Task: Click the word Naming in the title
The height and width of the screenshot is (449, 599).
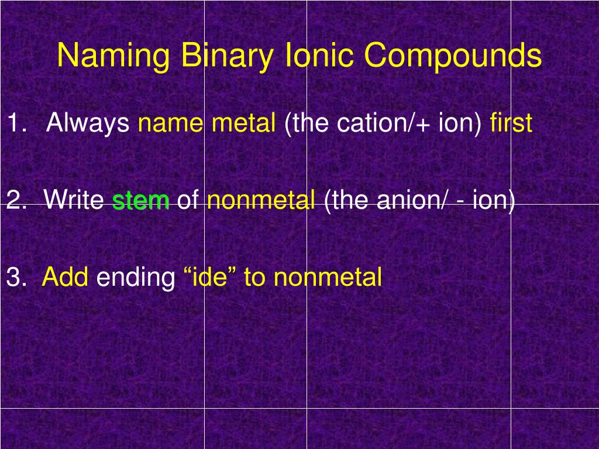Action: pyautogui.click(x=113, y=57)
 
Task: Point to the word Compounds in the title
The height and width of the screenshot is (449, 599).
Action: pyautogui.click(x=453, y=57)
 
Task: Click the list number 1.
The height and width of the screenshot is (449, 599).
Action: pyautogui.click(x=16, y=123)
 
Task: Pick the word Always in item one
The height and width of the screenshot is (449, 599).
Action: pyautogui.click(x=88, y=123)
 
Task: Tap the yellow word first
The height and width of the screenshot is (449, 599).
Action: pyautogui.click(x=511, y=123)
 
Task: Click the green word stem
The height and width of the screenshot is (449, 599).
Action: pyautogui.click(x=141, y=201)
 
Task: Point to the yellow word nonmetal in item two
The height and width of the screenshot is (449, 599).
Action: pyautogui.click(x=261, y=201)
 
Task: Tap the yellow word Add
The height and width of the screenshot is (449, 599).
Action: pyautogui.click(x=65, y=277)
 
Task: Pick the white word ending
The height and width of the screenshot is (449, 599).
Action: pyautogui.click(x=136, y=277)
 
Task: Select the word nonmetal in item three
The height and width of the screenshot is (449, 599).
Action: pyautogui.click(x=328, y=277)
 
